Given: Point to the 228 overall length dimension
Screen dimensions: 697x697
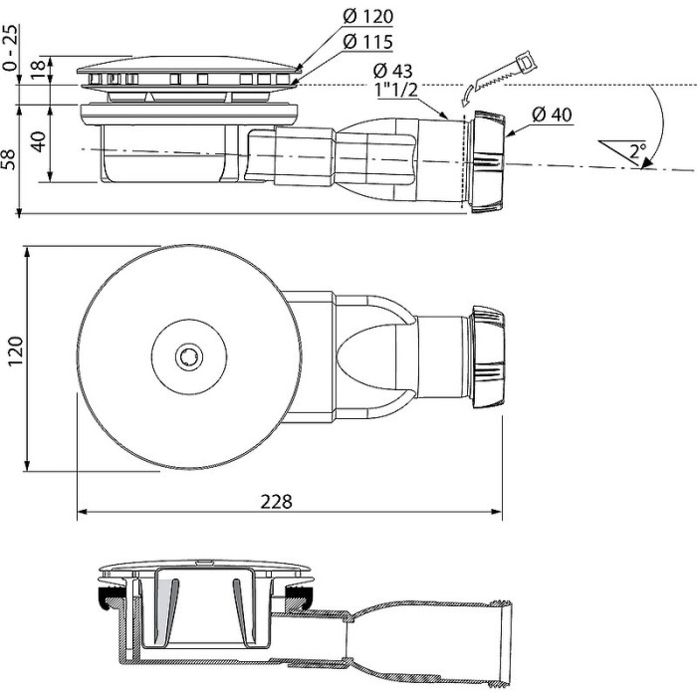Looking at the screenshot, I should pos(280,502).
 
